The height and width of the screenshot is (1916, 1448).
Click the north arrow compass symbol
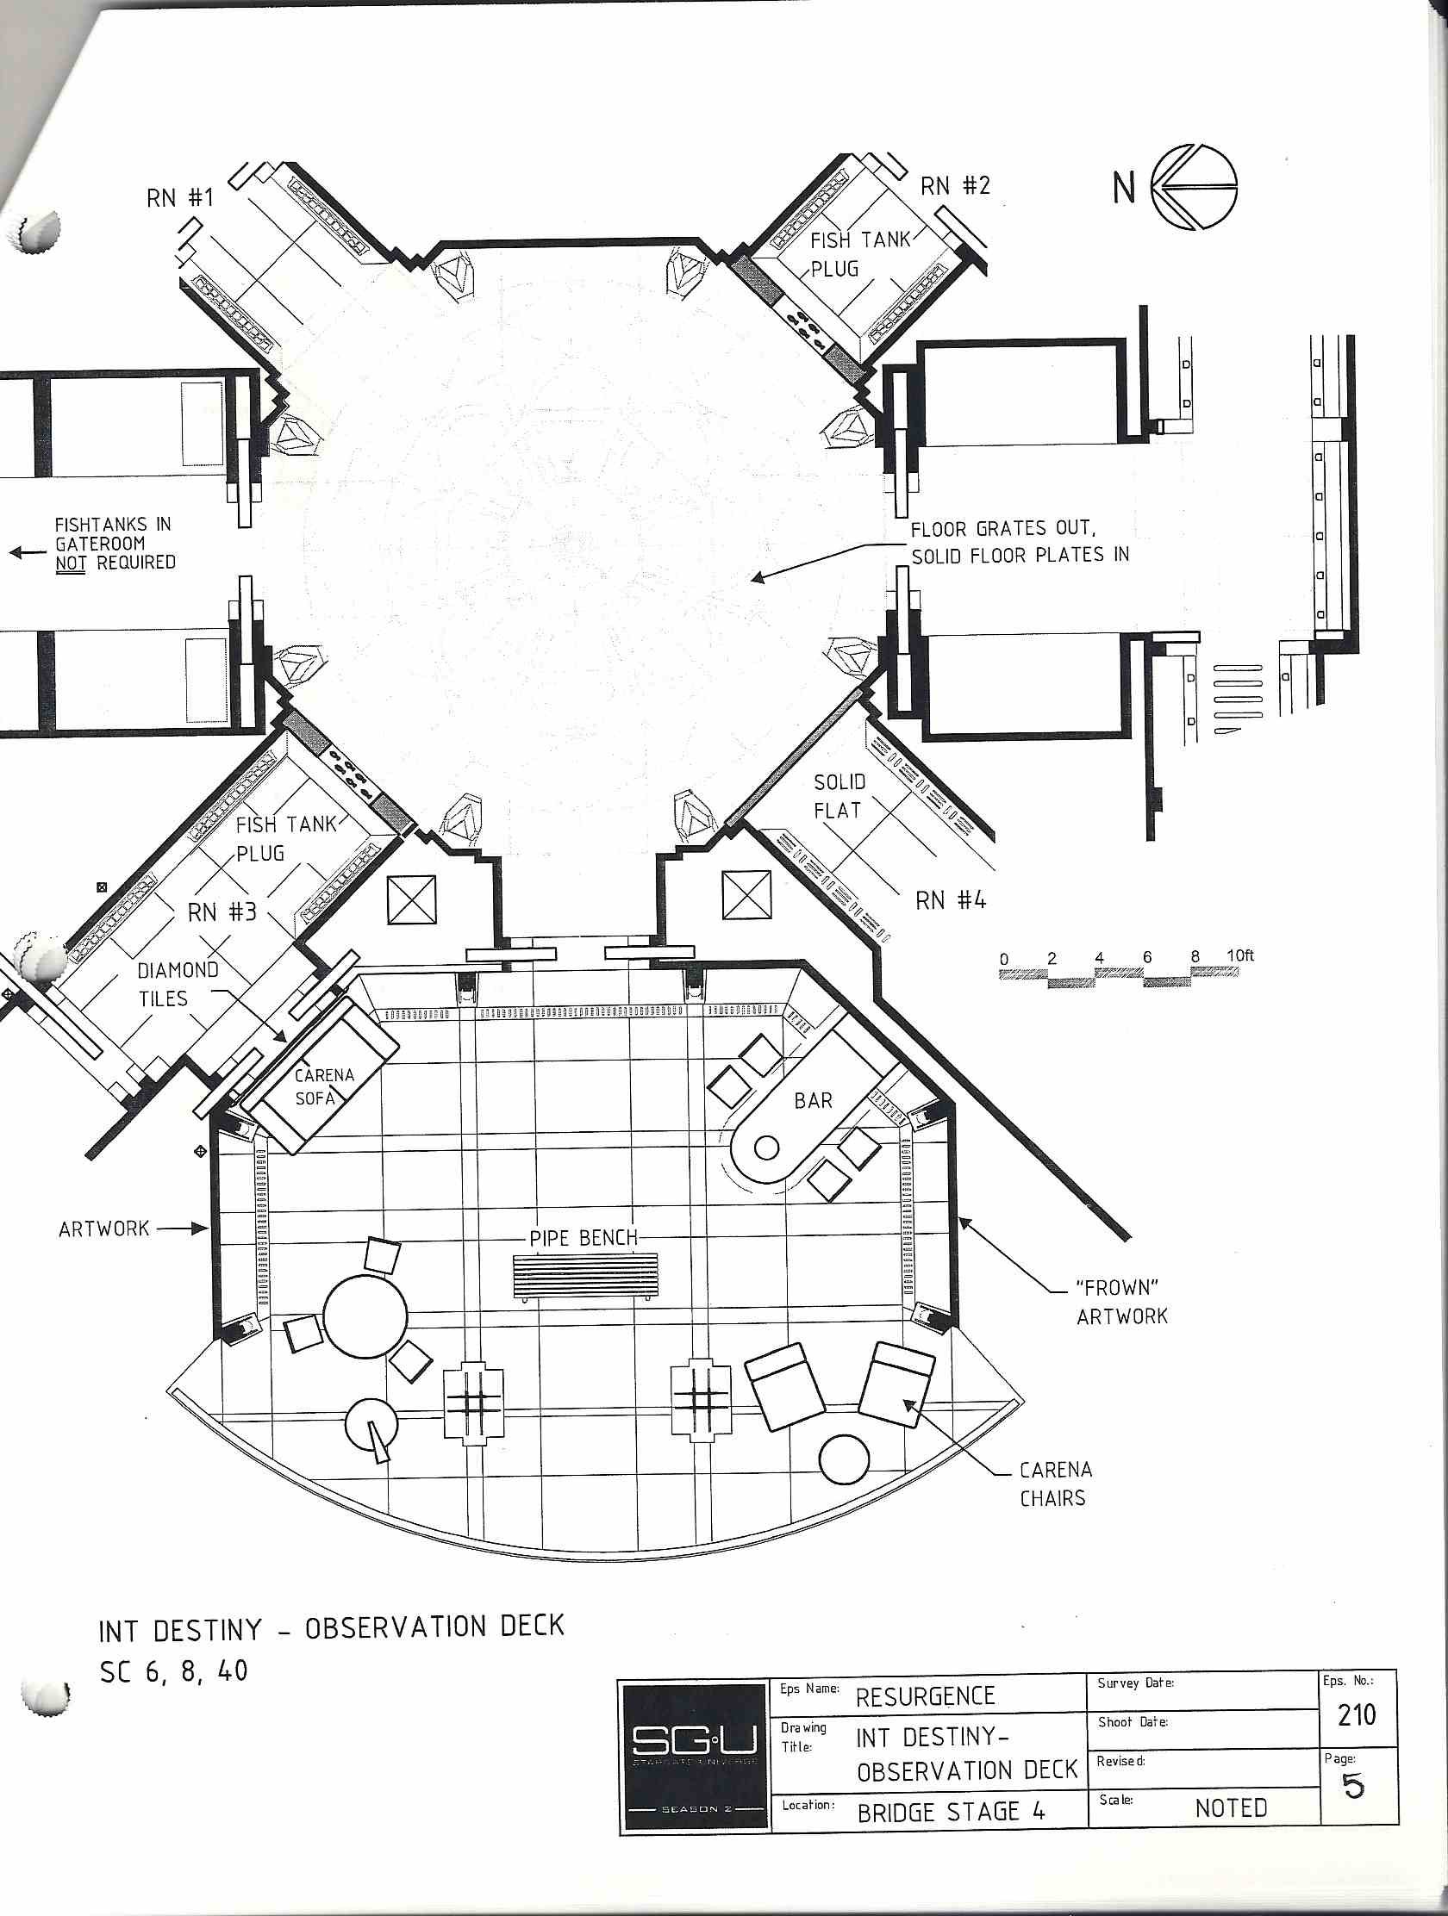(1194, 187)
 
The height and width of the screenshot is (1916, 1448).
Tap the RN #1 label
(179, 197)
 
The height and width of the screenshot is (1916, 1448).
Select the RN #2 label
(954, 185)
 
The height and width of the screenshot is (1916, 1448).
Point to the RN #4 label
(951, 901)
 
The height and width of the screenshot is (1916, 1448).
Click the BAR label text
(813, 1100)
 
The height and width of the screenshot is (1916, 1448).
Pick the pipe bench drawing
(585, 1277)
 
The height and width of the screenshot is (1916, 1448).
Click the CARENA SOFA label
(324, 1086)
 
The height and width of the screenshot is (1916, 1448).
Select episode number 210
(1356, 1715)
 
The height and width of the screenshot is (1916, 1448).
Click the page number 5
(1352, 1787)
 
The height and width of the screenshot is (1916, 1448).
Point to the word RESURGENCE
(926, 1697)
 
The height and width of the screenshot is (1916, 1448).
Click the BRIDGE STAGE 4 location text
(951, 1813)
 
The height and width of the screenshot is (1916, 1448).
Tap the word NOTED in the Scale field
(1231, 1808)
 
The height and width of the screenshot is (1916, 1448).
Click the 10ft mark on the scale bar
(1240, 955)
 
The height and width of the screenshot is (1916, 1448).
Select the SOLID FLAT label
(839, 796)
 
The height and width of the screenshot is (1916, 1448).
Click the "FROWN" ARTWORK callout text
(1122, 1302)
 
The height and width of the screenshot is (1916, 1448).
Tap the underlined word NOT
(70, 564)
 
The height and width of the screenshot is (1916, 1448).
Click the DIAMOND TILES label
(178, 984)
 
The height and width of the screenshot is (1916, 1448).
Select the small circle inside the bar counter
(767, 1148)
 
